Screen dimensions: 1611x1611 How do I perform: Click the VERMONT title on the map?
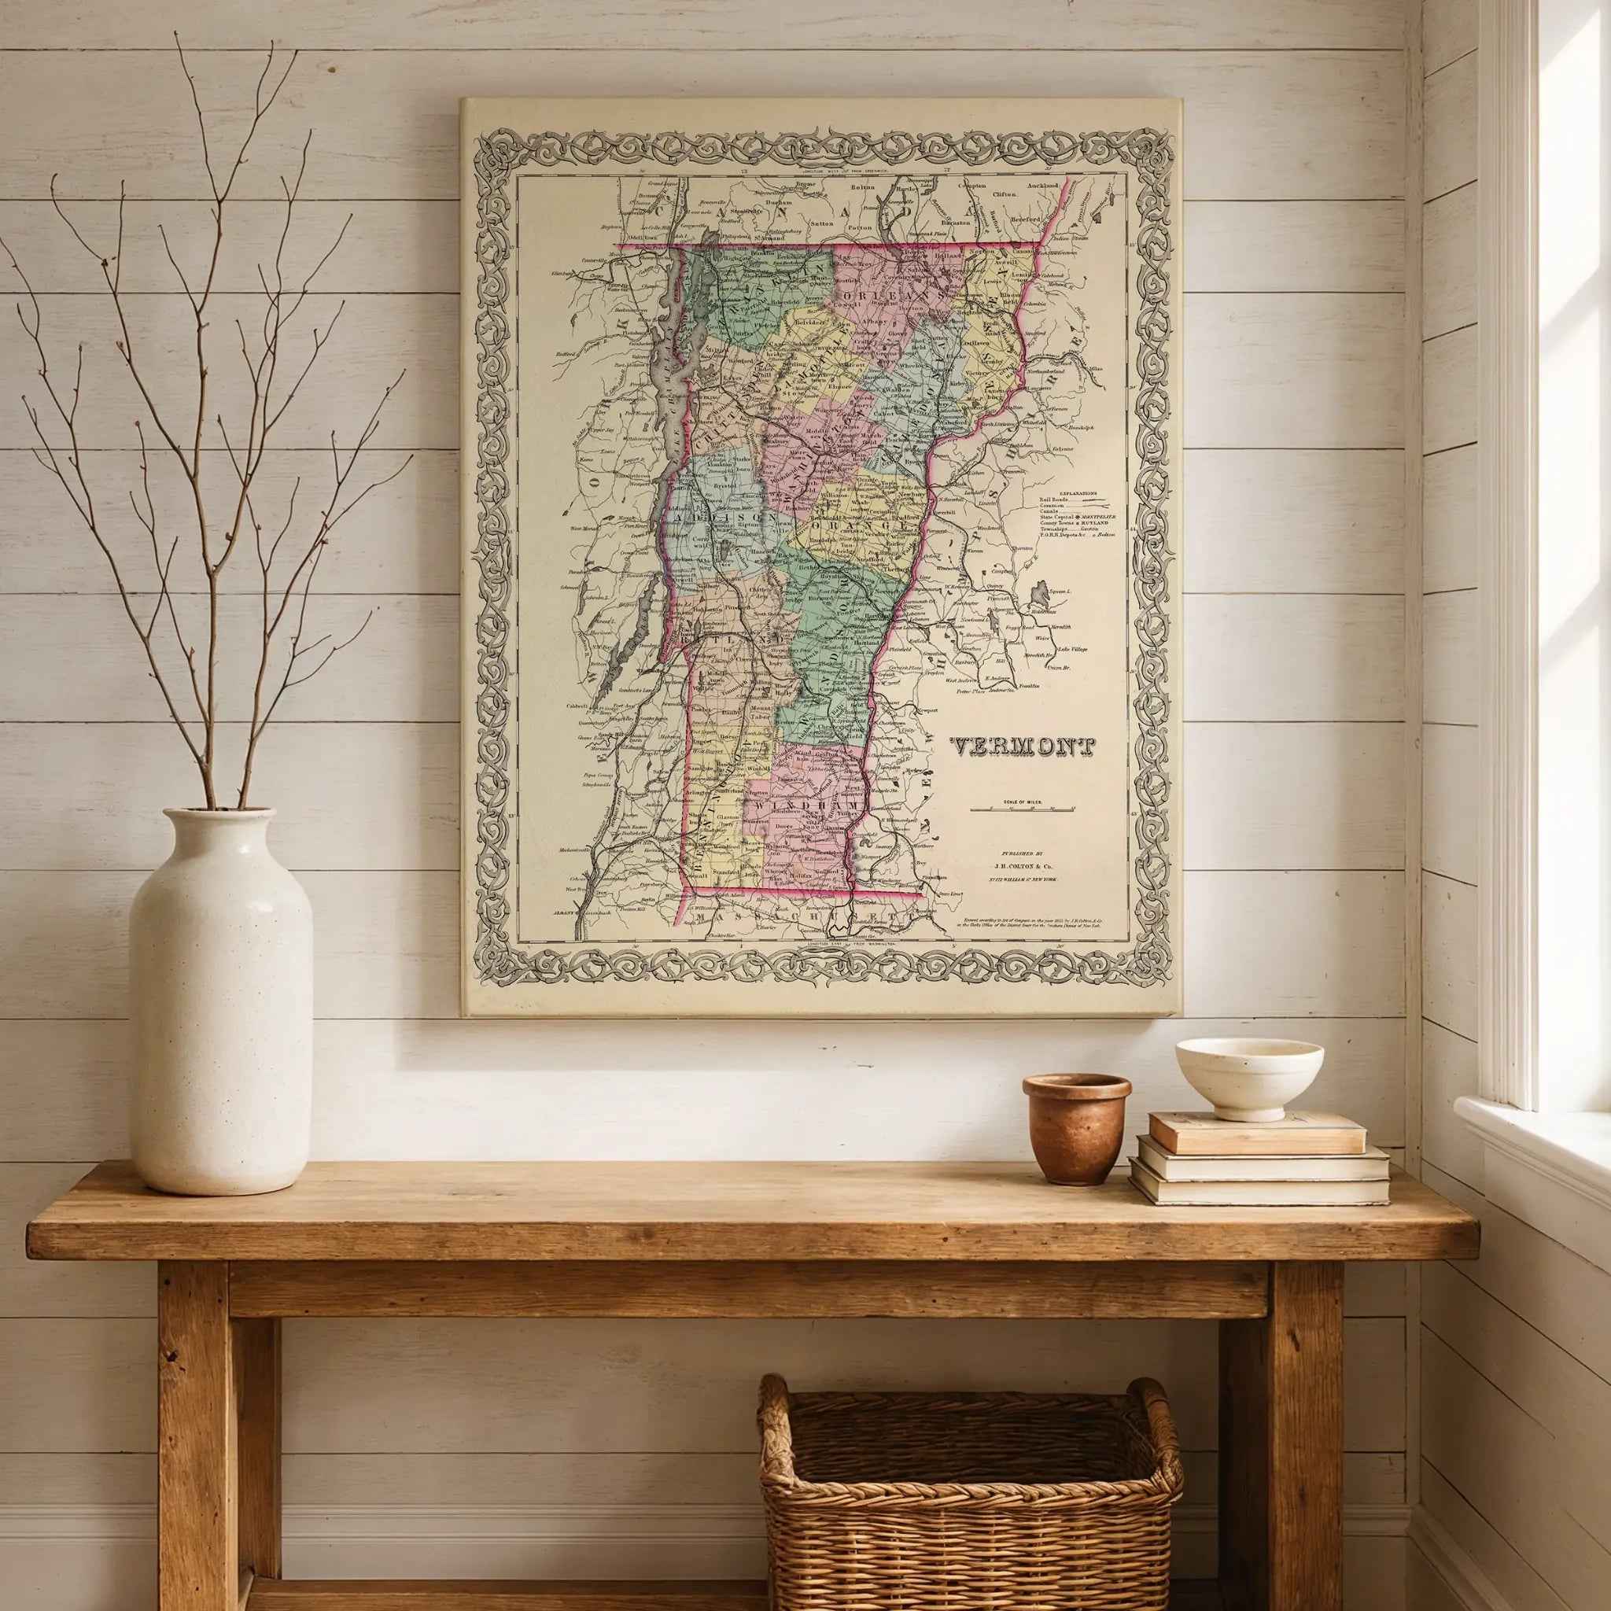click(x=1023, y=747)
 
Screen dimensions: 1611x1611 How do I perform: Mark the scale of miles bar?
click(x=1023, y=809)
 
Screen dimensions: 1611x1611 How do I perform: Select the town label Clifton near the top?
click(x=1004, y=194)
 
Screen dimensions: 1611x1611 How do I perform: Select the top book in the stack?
click(x=1258, y=1133)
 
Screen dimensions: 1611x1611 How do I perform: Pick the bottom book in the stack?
click(x=1259, y=1191)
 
